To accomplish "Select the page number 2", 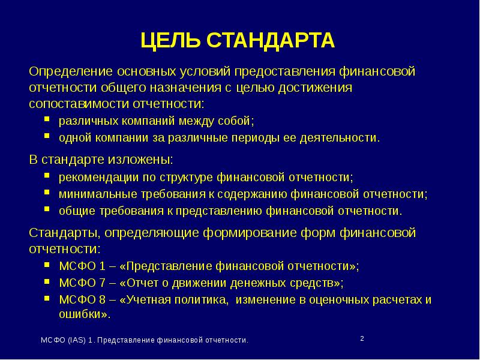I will coord(362,339).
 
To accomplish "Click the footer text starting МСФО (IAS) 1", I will coord(144,340).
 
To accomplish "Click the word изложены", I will coord(143,160).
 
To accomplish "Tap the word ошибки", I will coord(83,314).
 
